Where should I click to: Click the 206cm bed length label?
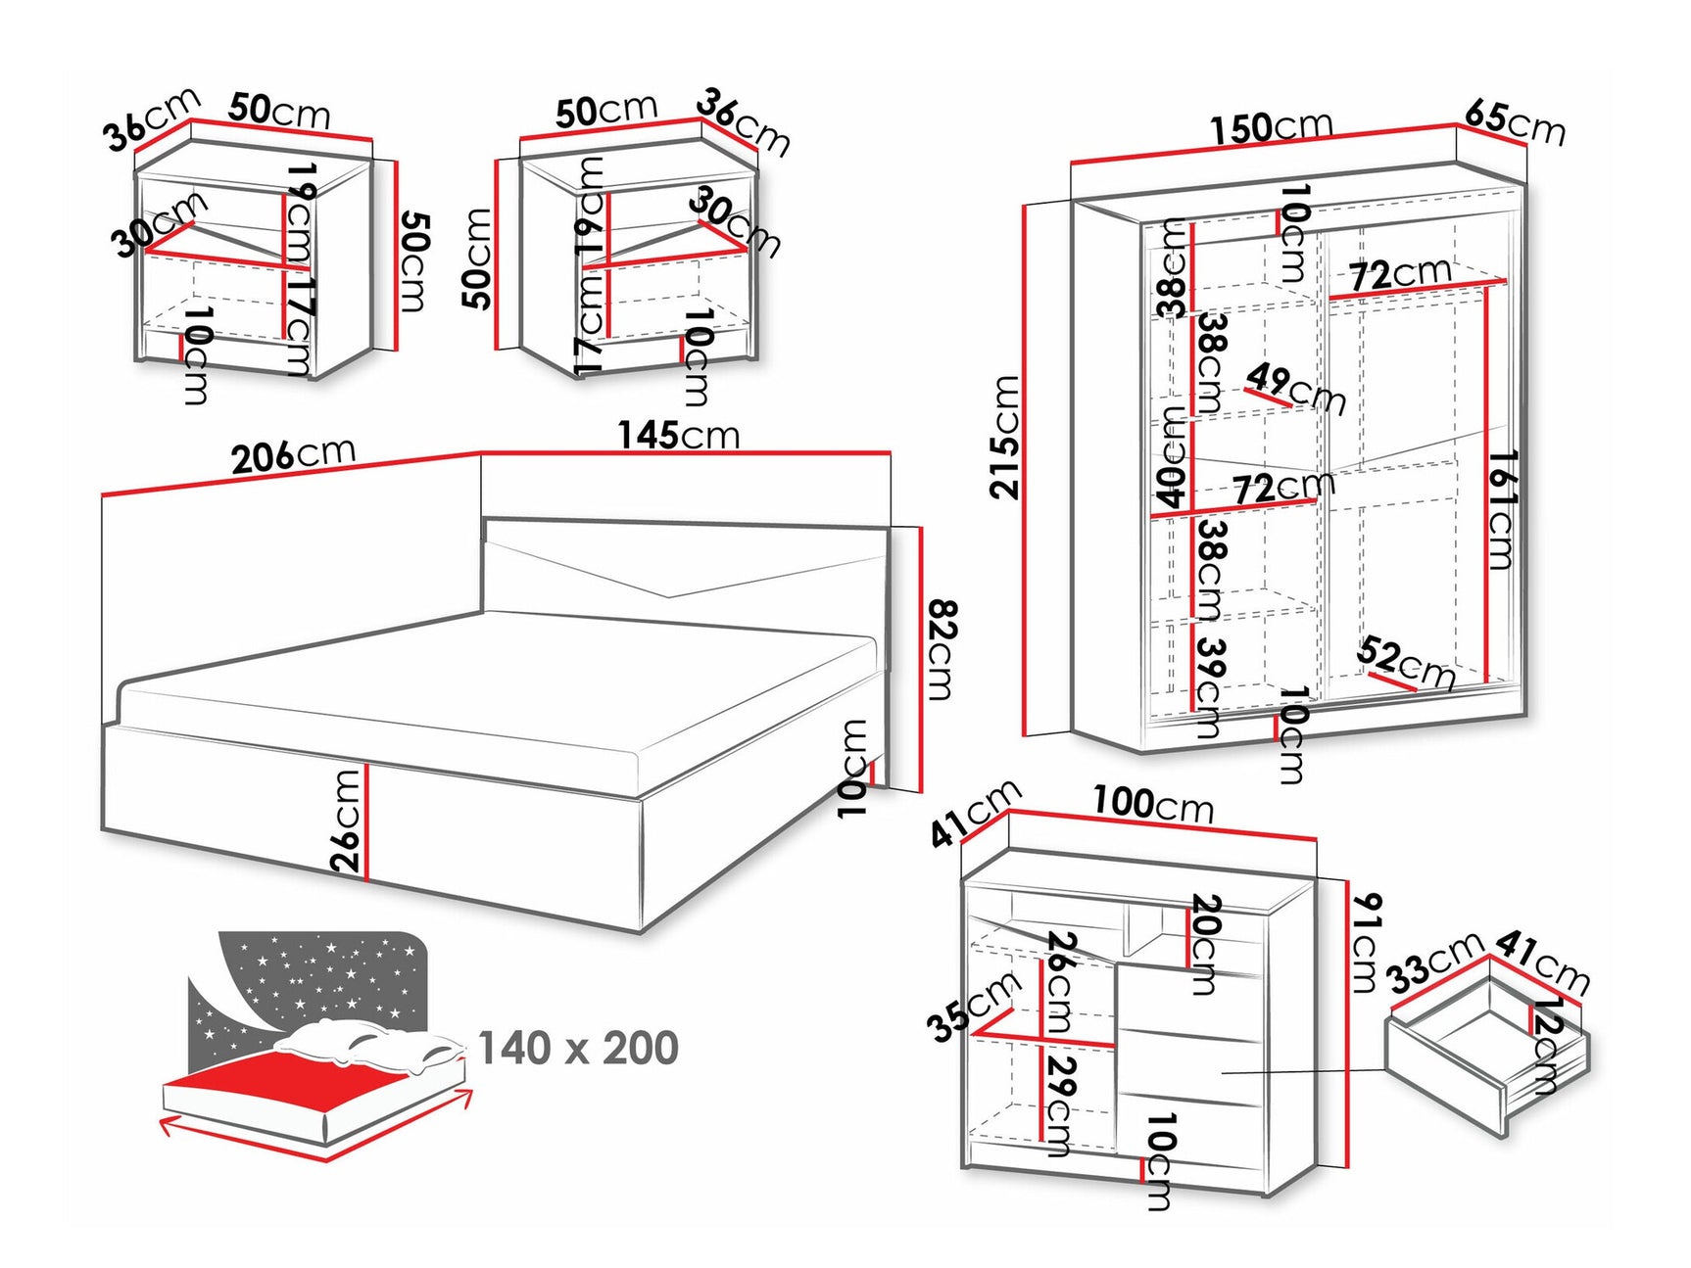point(292,455)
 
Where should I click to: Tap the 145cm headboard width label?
point(678,435)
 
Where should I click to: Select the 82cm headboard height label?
point(940,650)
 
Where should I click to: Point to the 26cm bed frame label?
point(346,821)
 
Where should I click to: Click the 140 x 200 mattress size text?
point(578,1048)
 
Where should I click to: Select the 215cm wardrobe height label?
point(1005,437)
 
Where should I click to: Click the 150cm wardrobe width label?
point(1271,127)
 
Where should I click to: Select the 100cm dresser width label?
point(1153,804)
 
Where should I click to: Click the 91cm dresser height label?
point(1365,942)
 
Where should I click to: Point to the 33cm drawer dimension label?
point(1436,962)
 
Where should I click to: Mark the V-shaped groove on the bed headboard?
point(669,583)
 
